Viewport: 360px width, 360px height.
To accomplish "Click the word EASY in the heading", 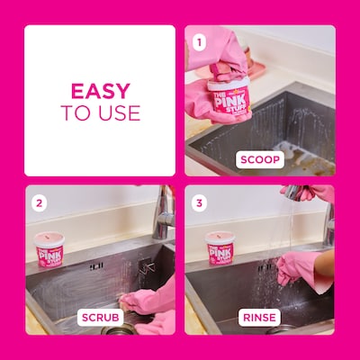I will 100,91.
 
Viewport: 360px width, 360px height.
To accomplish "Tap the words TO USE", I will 100,112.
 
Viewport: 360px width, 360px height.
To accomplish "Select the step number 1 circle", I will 200,40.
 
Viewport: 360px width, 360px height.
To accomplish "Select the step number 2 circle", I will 40,202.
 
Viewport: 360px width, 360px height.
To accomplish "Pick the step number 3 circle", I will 200,202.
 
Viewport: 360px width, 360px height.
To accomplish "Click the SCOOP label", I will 260,159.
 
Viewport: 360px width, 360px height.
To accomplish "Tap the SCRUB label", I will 100,318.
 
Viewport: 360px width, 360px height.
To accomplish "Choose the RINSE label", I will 260,318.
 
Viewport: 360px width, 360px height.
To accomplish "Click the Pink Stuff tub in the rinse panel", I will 220,248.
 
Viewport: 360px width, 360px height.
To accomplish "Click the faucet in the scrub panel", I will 163,211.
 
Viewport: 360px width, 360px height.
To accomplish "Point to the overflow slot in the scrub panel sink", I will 95,266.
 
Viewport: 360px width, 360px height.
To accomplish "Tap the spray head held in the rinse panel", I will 293,192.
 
